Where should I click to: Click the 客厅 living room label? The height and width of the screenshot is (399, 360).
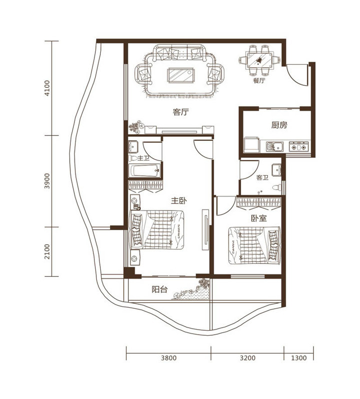181,112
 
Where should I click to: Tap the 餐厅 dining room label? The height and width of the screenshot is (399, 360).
259,81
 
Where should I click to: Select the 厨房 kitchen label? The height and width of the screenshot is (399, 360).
279,125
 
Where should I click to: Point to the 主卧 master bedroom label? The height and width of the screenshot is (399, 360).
179,200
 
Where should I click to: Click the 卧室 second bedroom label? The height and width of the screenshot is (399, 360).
259,218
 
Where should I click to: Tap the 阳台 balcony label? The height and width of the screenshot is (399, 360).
159,289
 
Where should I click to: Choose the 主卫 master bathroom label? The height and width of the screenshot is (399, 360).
143,158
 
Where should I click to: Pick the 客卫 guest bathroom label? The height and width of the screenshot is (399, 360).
263,178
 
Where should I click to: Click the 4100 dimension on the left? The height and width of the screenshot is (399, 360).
47,88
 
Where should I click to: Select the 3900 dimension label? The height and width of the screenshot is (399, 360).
47,181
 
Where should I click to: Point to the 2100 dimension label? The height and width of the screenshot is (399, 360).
47,252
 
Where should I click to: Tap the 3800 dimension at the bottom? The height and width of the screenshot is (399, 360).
169,358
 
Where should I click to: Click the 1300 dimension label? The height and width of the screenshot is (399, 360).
299,358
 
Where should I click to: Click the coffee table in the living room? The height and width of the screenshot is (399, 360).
181,75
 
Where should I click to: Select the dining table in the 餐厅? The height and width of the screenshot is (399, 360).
260,60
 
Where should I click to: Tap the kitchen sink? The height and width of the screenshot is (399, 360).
275,147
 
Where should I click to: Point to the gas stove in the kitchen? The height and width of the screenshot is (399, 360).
299,147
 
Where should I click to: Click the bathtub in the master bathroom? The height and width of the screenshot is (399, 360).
144,171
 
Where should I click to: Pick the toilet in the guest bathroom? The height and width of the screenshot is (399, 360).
277,188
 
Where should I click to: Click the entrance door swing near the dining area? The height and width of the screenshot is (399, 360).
297,75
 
